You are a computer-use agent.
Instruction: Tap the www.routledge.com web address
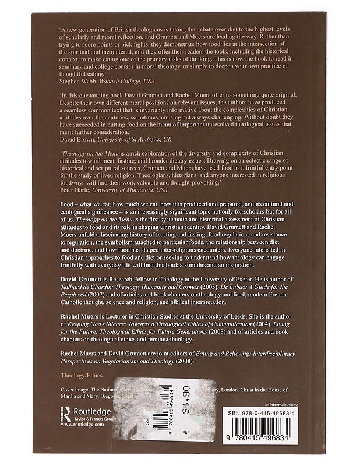(x=82, y=425)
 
